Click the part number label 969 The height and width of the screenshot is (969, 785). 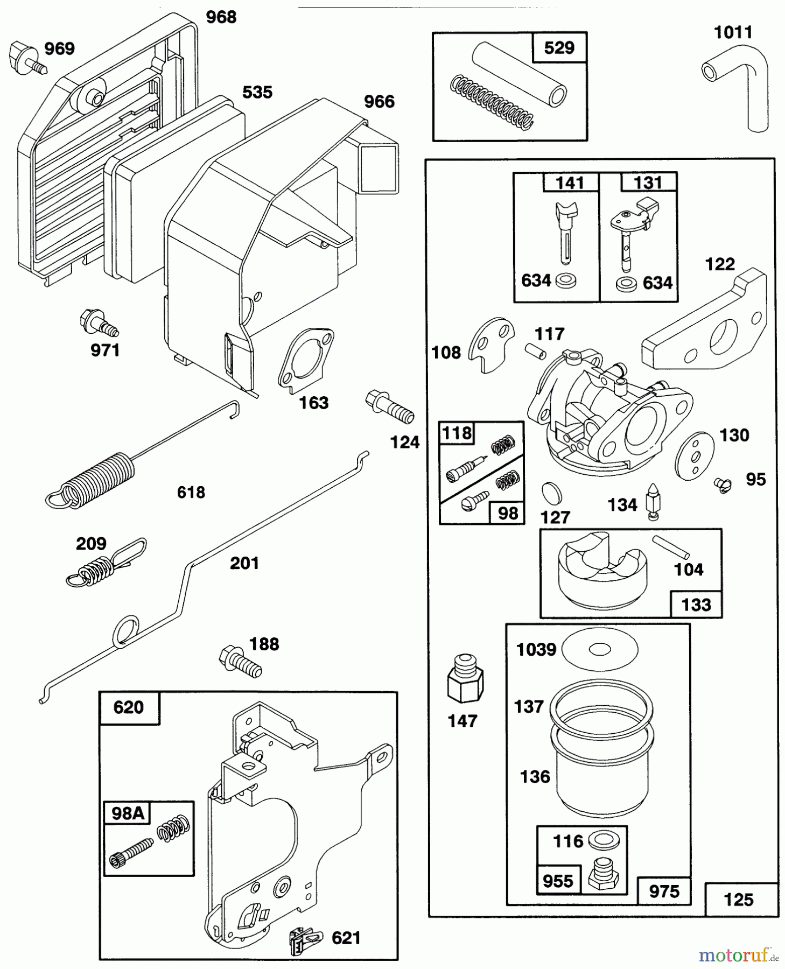(x=59, y=49)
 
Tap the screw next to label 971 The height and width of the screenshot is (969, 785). (x=99, y=322)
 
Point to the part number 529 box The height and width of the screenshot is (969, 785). (x=559, y=48)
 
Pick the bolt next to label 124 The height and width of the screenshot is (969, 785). (x=390, y=408)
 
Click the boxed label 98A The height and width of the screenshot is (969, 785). (x=127, y=813)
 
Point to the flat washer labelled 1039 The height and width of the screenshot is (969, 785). (x=599, y=649)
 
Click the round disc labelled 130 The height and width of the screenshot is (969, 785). (x=696, y=456)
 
